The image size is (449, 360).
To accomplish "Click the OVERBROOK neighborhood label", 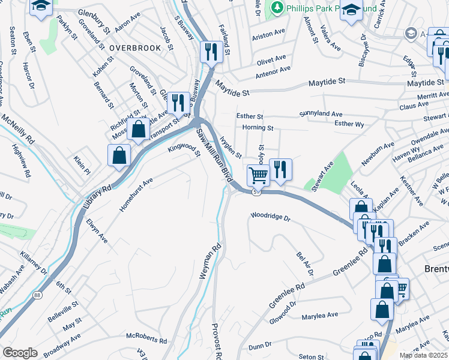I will click(135, 47).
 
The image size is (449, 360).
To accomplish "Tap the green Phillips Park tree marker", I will click(277, 8).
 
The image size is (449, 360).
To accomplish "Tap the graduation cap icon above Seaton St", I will click(41, 7).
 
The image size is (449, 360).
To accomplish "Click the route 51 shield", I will click(256, 192).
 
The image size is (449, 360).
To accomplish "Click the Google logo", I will click(20, 353).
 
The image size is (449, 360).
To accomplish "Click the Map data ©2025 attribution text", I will click(423, 355).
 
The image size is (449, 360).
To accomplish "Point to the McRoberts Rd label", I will click(146, 340).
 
